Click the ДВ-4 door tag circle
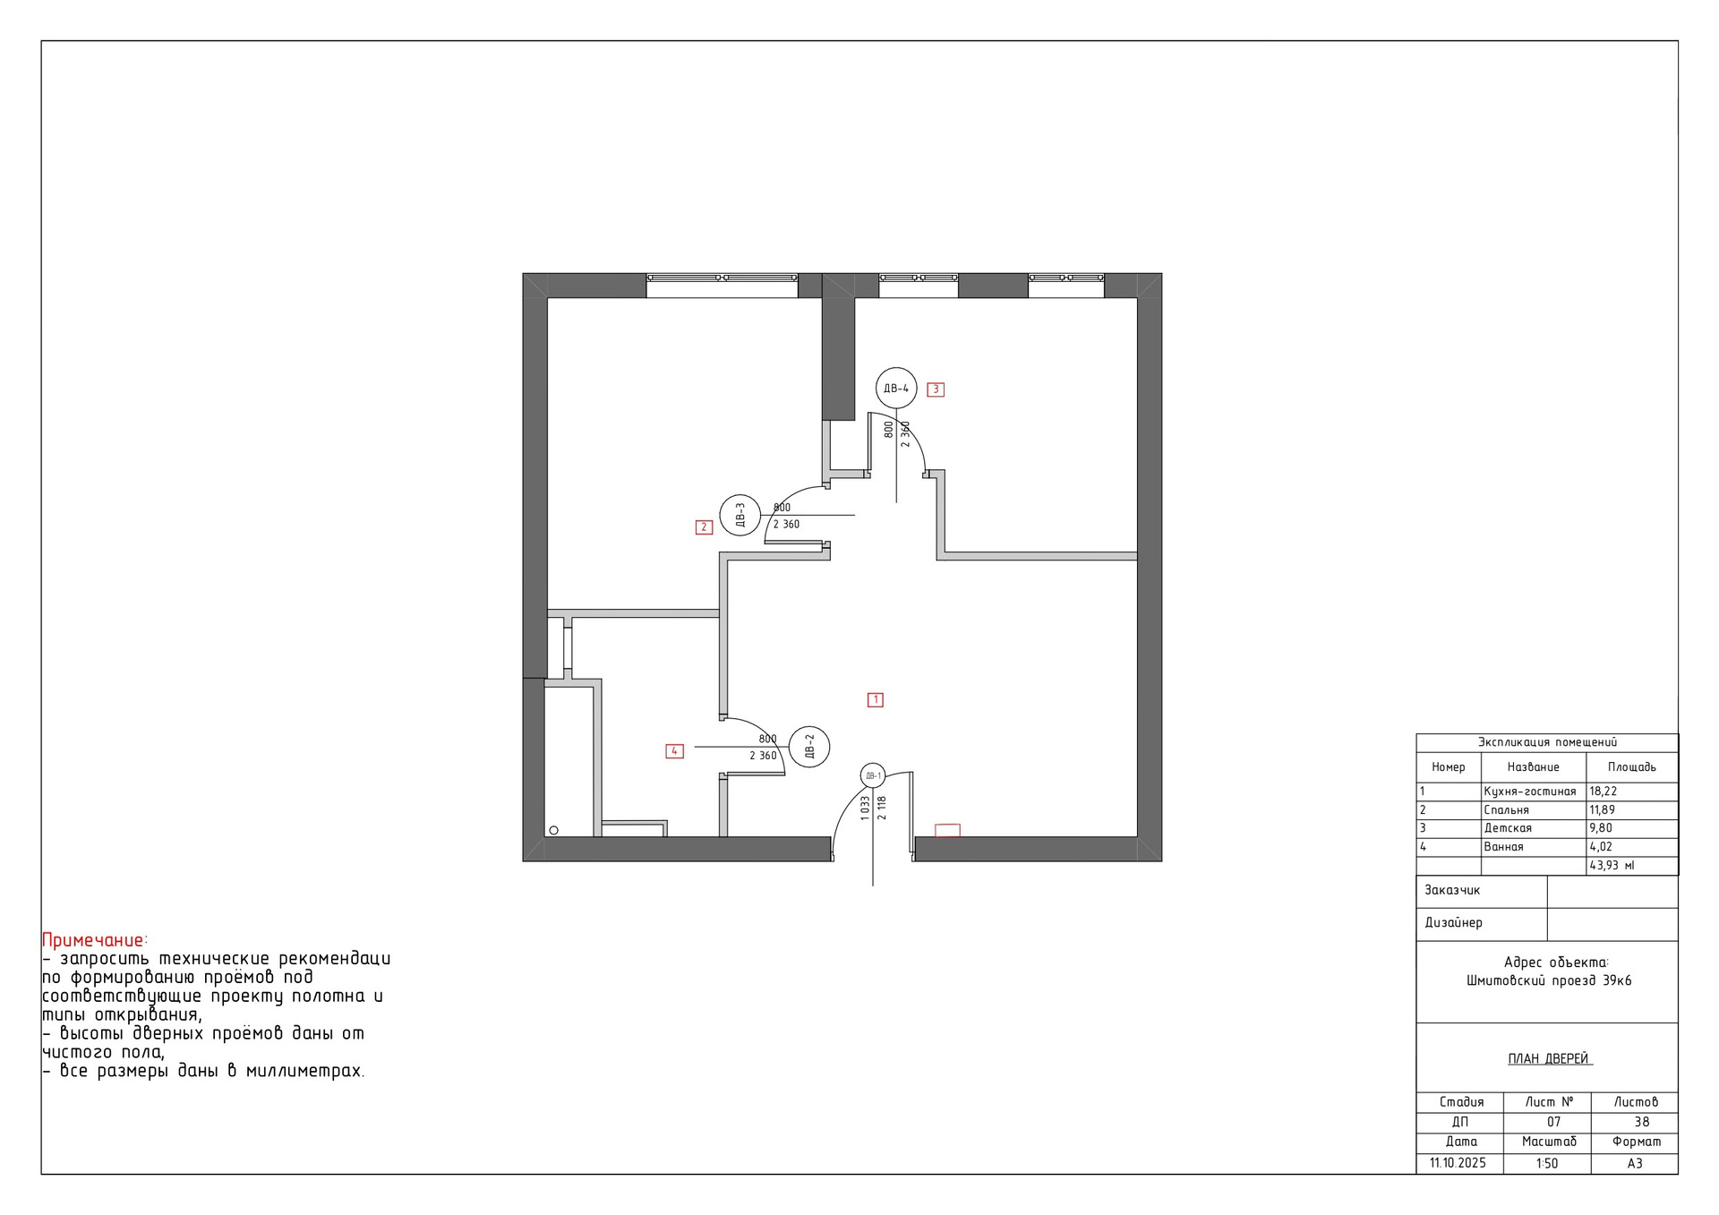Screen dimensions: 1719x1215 coord(896,368)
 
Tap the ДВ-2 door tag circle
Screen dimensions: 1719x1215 coord(809,726)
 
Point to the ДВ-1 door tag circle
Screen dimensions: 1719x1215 coord(873,764)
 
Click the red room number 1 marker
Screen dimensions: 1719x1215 coord(876,700)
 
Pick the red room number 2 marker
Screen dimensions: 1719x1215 coord(704,527)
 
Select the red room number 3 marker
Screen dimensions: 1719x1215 coord(936,389)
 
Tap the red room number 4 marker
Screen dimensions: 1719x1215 coord(674,751)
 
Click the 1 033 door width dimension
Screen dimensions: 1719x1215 coord(865,809)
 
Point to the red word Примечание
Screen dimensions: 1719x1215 coord(94,940)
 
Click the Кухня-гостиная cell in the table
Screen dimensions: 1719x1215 coord(1530,791)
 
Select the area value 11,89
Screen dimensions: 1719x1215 coord(1603,810)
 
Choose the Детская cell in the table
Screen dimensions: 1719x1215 coord(1508,828)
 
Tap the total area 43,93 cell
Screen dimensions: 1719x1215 coord(1612,866)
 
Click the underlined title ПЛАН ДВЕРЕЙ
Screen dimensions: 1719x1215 coord(1548,1059)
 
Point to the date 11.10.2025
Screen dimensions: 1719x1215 coord(1458,1163)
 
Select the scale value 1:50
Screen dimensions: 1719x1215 coord(1547,1164)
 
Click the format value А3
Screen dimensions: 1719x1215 coord(1635,1164)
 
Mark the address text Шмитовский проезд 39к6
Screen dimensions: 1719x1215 coord(1549,980)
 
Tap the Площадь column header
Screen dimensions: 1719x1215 coord(1632,767)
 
